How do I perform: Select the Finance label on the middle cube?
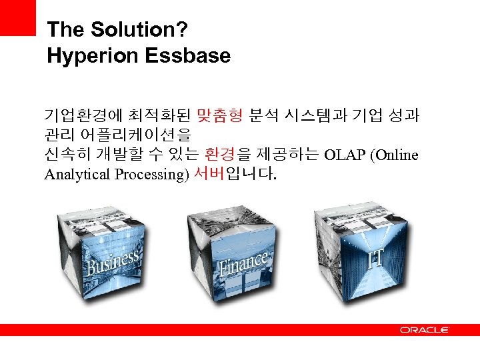243,263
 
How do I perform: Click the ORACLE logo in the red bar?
425,330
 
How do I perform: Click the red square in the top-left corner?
17,17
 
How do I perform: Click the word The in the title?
65,30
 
